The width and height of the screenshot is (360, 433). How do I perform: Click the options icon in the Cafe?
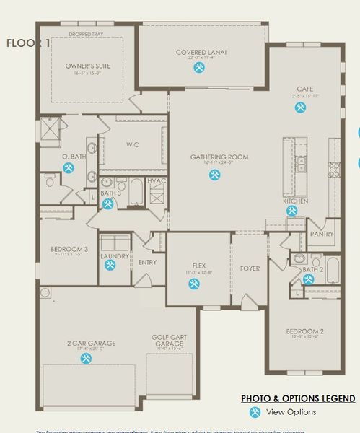point(299,108)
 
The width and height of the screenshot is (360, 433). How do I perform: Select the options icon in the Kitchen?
point(291,211)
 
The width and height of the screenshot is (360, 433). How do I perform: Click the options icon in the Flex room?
point(194,284)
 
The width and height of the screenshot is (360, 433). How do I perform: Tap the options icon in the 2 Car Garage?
point(86,358)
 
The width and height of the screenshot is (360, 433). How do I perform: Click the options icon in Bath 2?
point(308,279)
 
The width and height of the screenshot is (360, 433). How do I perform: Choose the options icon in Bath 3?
point(107,204)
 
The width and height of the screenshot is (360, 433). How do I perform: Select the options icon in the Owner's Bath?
point(69,168)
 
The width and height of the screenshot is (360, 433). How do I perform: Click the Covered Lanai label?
point(201,53)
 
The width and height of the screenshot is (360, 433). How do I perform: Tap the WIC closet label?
point(132,144)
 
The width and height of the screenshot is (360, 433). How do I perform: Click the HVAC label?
point(157,180)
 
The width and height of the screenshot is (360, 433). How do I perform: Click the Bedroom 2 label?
point(305,331)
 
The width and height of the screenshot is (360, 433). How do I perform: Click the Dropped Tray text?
point(86,34)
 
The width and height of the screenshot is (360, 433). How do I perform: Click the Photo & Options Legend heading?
point(298,398)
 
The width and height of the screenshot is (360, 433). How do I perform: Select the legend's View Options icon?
point(255,412)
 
